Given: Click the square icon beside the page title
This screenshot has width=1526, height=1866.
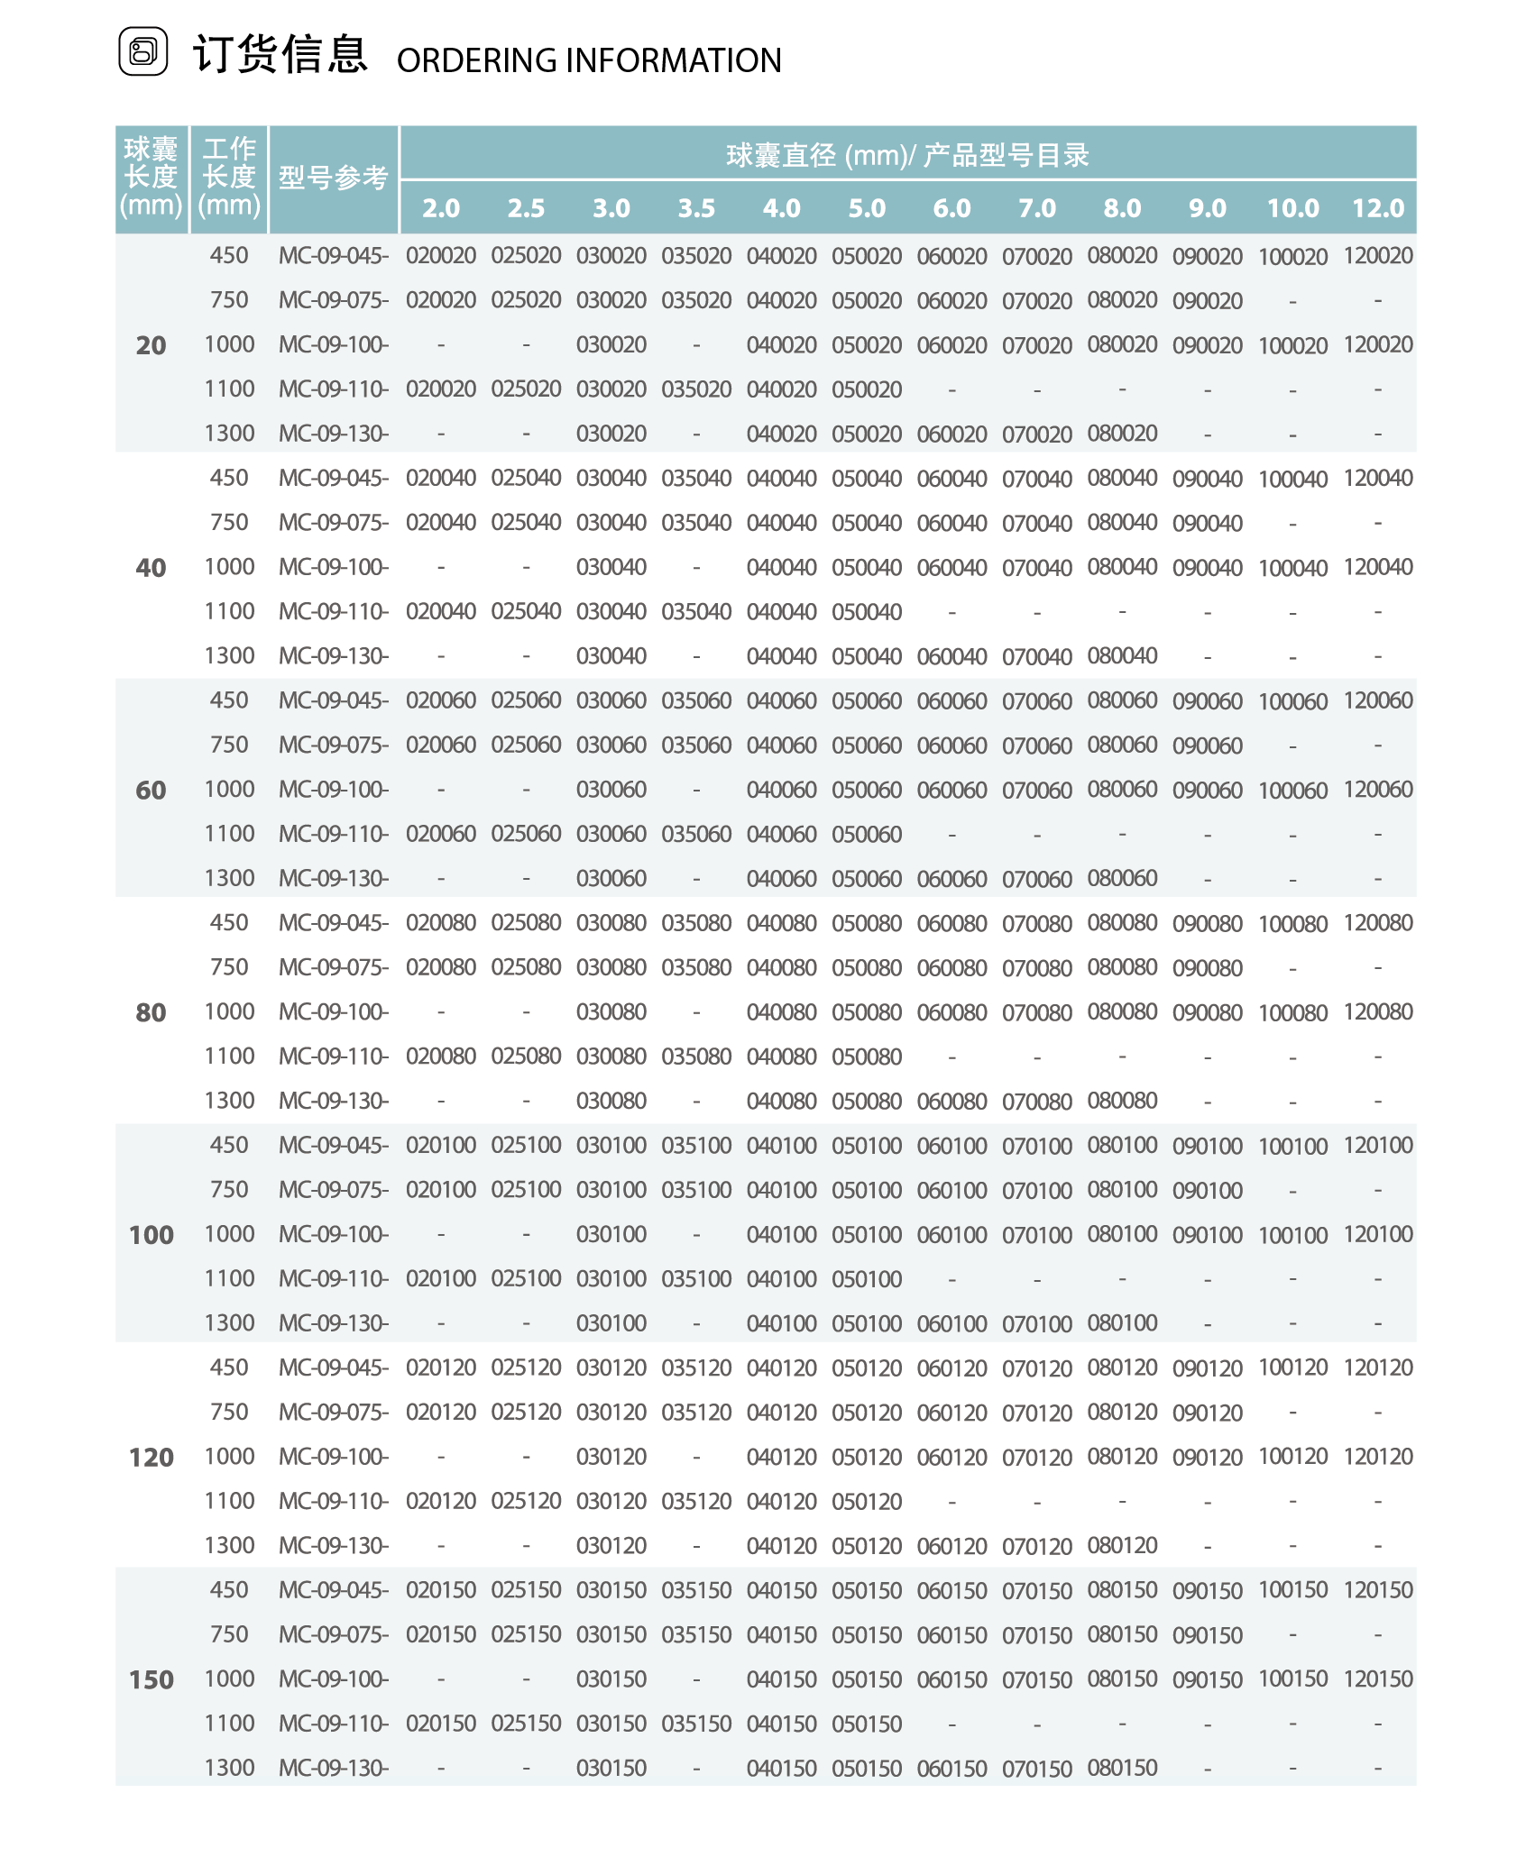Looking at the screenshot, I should pos(143,51).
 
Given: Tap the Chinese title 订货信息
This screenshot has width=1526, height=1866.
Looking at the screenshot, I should pos(280,54).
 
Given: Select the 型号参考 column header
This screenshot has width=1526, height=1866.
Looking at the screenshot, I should pos(333,178).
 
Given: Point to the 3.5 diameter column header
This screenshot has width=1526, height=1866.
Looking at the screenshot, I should pos(696,208).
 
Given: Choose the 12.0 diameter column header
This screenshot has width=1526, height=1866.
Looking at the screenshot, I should pos(1377,208).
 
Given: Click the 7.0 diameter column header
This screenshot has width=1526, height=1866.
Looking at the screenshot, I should pos(1036,208).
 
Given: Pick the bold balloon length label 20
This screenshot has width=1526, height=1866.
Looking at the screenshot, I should pos(151,345).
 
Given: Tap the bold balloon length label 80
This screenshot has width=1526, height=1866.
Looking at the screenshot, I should pos(151,1012).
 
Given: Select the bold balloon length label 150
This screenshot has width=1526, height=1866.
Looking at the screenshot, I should pos(151,1679).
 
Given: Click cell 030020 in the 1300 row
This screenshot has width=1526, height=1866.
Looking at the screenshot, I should pos(611,434).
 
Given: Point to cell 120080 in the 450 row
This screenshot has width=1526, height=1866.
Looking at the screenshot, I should pos(1377,923).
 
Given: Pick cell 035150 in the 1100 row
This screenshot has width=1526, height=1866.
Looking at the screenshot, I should pos(696,1724).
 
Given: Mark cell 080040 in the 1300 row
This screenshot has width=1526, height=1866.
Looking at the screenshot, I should pos(1122,655).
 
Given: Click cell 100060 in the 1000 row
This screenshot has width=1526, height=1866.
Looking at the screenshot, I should pos(1292,790).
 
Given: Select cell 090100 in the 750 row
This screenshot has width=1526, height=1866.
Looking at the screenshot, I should pos(1207,1190).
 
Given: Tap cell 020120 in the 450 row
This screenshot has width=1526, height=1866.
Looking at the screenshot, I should pos(441,1367).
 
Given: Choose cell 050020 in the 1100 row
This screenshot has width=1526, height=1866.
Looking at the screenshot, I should pos(867,389).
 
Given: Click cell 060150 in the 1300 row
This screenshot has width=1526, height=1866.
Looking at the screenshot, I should pos(951,1769).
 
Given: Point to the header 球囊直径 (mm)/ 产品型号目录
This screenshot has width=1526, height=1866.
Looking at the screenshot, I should pos(907,155).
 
